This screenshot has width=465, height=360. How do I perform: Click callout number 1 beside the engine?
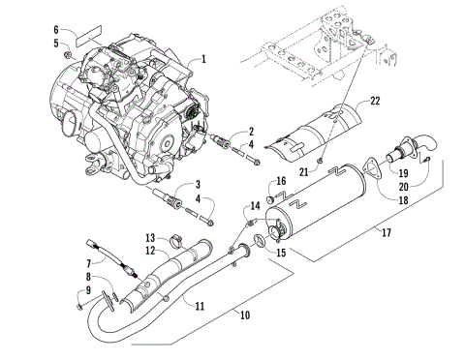coord(203,59)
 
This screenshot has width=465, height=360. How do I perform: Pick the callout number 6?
coord(56,29)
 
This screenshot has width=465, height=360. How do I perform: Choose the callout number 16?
coord(280,180)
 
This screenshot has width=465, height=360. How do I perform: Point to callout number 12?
coord(150,251)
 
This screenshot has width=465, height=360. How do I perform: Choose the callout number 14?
coord(255,205)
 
